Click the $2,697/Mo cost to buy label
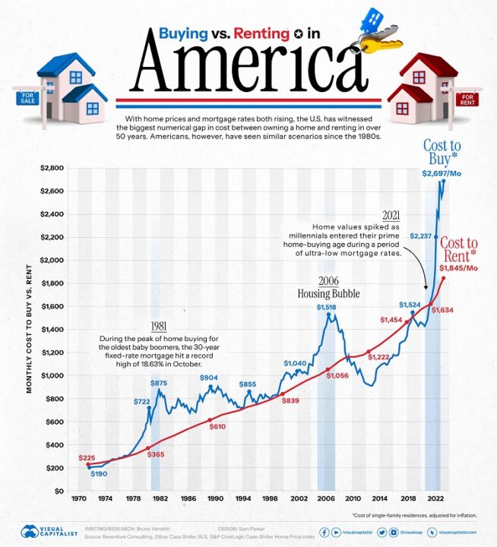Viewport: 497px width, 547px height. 446,173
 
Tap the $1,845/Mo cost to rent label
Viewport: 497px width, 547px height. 458,267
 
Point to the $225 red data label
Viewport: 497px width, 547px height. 87,458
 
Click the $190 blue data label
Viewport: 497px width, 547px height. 100,474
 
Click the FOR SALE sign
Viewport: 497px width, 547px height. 26,97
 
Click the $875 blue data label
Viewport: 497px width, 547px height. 160,384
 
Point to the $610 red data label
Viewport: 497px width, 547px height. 217,427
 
